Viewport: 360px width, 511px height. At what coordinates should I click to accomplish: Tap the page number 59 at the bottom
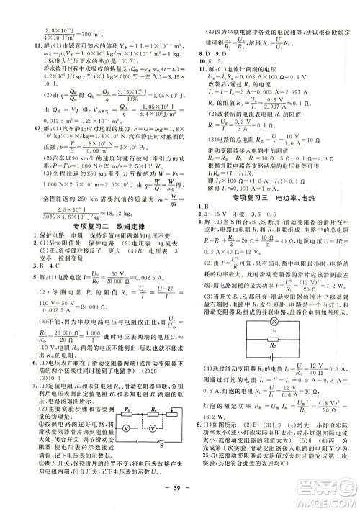pyautogui.click(x=181, y=496)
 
